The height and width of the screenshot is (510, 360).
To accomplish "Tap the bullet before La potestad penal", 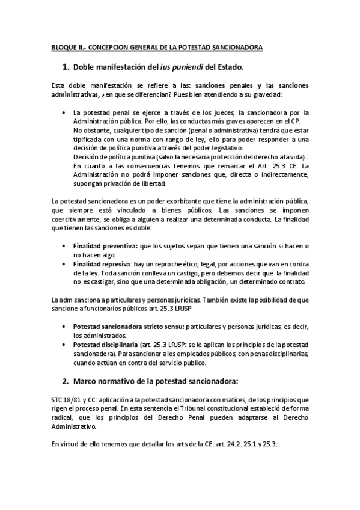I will pos(64,112).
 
